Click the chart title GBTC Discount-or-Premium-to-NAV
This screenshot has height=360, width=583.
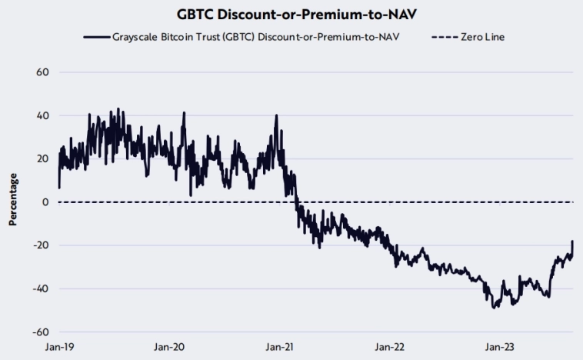[x=291, y=13]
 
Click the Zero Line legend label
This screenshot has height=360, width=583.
[x=484, y=36]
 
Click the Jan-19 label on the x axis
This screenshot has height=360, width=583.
[x=58, y=347]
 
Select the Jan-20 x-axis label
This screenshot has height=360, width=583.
[x=168, y=347]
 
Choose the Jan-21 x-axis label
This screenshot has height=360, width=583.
[x=278, y=347]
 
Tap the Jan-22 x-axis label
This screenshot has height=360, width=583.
[x=389, y=347]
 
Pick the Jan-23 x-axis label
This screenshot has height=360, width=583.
[x=499, y=347]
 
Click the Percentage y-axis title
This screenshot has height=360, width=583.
[x=13, y=201]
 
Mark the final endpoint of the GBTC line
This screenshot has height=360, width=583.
[x=572, y=242]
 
